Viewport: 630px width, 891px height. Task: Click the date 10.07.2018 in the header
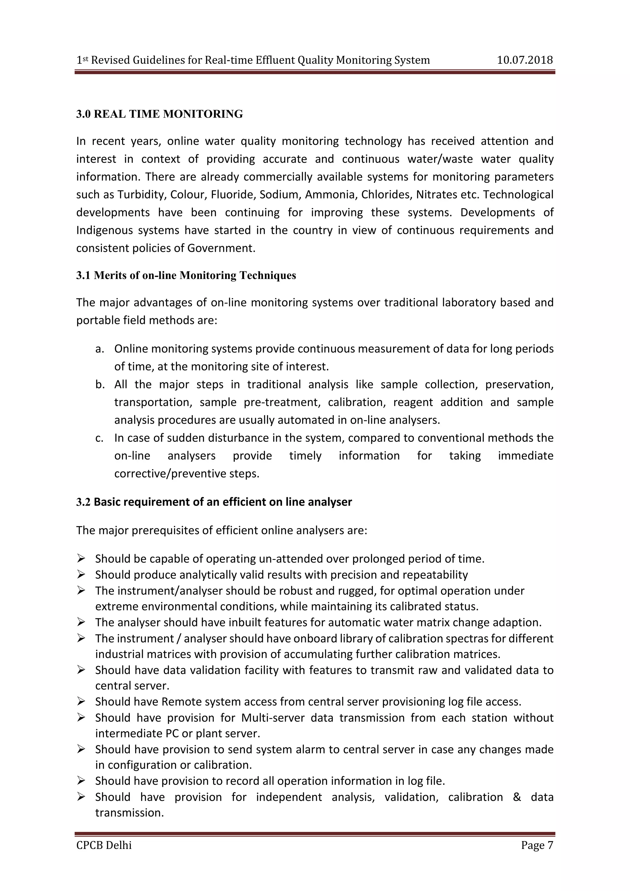coord(524,60)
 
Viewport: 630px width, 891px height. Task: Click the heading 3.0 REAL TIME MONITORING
coord(159,114)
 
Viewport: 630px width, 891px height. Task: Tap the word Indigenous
coord(101,230)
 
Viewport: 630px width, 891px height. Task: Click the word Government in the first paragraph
coord(221,248)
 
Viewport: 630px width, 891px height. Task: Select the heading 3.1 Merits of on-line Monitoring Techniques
coord(186,276)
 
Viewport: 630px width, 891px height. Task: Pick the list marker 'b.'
coord(100,385)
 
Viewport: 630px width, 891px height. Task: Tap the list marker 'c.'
coord(99,438)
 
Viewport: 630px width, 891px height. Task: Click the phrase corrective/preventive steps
coord(187,474)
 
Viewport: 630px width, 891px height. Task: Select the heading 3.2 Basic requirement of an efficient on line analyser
coord(214,502)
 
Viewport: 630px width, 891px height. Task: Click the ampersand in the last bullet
coord(517,797)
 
